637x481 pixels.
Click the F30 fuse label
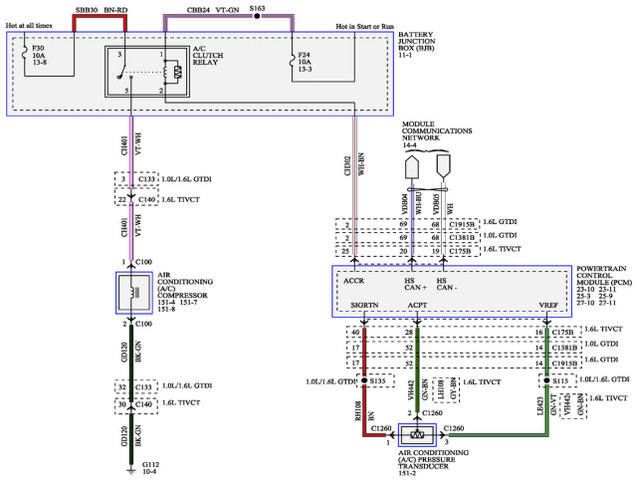coord(38,47)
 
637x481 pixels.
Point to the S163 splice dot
coord(257,18)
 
